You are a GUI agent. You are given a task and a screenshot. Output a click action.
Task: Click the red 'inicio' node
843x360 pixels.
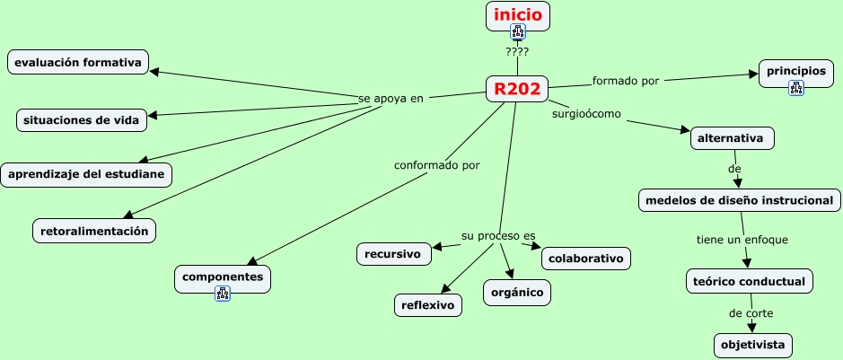coord(518,14)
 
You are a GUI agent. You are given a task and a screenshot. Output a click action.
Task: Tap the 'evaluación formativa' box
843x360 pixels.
coord(77,63)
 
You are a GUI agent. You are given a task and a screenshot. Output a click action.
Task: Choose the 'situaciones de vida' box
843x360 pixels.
coord(82,119)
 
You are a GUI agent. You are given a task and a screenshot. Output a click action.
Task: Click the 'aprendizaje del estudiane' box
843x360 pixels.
coord(86,174)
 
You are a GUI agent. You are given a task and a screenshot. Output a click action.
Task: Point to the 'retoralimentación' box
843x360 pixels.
coord(94,231)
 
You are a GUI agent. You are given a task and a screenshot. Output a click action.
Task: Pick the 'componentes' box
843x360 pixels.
coord(222,277)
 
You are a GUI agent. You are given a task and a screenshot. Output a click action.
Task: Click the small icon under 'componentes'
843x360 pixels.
coord(223,294)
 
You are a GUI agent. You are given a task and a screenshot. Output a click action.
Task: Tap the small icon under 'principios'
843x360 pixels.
coord(795,87)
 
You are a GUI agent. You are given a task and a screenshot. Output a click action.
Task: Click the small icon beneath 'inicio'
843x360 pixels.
coord(518,33)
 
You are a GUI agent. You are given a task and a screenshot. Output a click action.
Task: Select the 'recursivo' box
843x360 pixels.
coord(393,254)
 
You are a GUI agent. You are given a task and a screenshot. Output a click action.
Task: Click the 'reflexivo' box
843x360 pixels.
coord(428,305)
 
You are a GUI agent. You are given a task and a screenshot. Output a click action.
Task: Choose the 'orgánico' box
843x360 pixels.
coord(516,292)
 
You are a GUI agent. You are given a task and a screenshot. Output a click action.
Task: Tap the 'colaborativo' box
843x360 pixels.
coord(585,259)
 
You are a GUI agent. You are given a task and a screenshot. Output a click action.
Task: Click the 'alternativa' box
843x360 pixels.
coord(732,139)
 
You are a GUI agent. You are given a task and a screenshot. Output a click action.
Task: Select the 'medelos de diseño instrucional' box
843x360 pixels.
coord(740,200)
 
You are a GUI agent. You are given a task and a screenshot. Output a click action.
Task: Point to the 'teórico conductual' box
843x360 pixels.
coord(750,281)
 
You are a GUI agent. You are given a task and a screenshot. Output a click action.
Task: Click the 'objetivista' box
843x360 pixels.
coord(753,345)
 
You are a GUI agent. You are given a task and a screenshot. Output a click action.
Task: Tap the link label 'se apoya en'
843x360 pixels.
coord(391,98)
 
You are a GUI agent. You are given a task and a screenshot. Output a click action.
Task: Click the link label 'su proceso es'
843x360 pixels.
coord(492,235)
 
